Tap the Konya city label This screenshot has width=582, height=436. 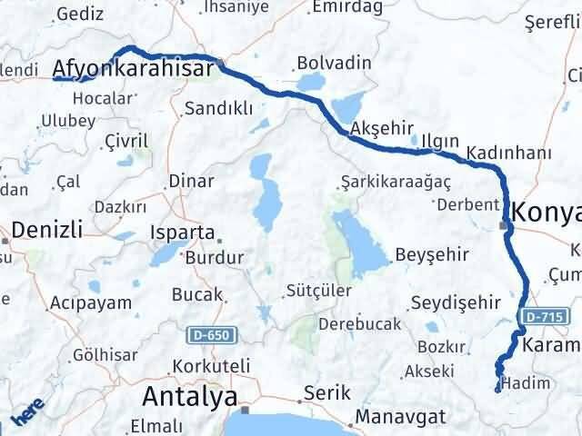(x=546, y=213)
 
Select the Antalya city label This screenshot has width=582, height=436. (x=189, y=397)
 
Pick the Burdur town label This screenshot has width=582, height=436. (x=214, y=258)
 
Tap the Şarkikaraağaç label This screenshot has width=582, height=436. (x=396, y=181)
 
